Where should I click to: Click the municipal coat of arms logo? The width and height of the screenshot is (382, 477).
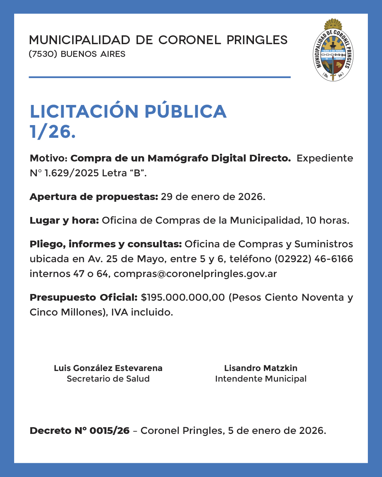[333, 51]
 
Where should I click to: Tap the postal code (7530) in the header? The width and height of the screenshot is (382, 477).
[43, 54]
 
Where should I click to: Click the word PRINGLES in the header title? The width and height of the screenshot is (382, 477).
[257, 40]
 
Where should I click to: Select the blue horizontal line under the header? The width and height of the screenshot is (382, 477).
[160, 77]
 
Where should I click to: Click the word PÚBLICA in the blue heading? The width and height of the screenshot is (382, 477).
[185, 111]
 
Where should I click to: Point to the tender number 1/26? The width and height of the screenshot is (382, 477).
[52, 132]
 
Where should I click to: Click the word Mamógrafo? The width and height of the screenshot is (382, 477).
[178, 158]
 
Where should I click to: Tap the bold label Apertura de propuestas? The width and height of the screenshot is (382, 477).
[94, 197]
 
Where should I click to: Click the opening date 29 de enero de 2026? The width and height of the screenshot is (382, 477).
[213, 197]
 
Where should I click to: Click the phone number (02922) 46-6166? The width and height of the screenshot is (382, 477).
[314, 259]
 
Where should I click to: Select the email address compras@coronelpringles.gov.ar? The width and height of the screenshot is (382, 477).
[195, 274]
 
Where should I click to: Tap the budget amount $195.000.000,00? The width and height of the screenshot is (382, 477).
[183, 298]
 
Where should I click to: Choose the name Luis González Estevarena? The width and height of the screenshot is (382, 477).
[108, 368]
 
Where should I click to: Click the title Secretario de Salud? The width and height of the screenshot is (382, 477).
[108, 379]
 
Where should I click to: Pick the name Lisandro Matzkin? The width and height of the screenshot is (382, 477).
[261, 368]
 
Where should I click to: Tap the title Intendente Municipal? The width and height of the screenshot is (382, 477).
[261, 379]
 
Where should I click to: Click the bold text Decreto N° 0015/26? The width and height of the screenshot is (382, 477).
[80, 431]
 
